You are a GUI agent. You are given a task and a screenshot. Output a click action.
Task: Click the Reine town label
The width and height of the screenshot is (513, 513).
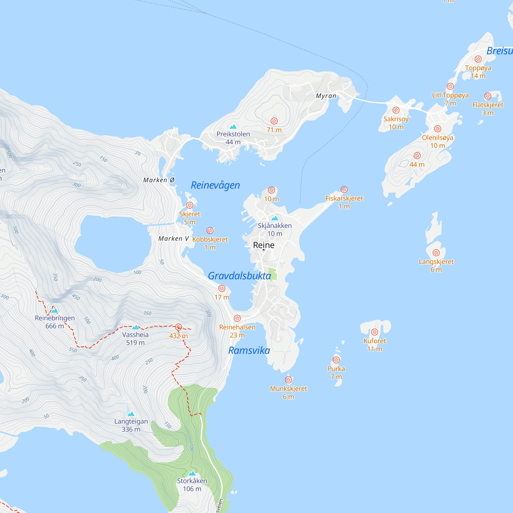(263, 245)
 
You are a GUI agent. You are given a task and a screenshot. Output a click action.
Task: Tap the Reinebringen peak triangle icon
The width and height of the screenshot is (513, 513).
(55, 310)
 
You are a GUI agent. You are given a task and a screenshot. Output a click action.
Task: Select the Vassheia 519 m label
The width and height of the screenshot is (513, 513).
(135, 339)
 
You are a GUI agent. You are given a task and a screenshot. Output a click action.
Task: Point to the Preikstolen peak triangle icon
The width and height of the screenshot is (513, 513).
(233, 126)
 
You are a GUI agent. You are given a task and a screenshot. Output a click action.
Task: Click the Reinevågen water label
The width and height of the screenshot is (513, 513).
(215, 185)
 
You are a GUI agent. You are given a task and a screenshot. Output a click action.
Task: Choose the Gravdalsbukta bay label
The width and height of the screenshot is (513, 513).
(239, 276)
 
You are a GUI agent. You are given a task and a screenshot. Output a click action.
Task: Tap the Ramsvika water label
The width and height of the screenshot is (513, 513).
(249, 350)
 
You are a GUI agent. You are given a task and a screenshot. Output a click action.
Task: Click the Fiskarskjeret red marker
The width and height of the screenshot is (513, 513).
(344, 189)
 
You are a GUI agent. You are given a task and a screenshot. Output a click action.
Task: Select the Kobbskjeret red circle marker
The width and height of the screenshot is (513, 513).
(210, 231)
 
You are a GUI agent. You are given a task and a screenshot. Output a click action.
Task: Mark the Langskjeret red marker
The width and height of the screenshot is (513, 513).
(436, 252)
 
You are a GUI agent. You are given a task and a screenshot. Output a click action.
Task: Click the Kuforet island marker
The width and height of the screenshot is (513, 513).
(375, 332)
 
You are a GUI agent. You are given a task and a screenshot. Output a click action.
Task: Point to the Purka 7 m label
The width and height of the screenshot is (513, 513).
(336, 372)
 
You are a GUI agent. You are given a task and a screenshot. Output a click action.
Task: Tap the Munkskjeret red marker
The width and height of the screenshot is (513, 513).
(289, 380)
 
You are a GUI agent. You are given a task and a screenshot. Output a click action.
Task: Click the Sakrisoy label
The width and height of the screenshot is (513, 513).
(396, 119)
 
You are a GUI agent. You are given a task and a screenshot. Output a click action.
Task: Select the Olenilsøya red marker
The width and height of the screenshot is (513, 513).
(438, 129)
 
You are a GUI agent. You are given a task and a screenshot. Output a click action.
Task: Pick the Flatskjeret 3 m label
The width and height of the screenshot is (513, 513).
(488, 109)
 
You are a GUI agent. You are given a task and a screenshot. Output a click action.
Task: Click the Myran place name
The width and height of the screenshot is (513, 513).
(326, 96)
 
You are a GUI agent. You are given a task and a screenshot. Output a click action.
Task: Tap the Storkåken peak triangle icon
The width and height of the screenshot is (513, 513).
(192, 473)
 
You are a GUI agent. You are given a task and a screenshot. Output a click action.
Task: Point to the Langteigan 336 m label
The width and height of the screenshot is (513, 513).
(131, 425)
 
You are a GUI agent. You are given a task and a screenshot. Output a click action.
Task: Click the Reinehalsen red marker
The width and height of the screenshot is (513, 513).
(237, 318)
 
